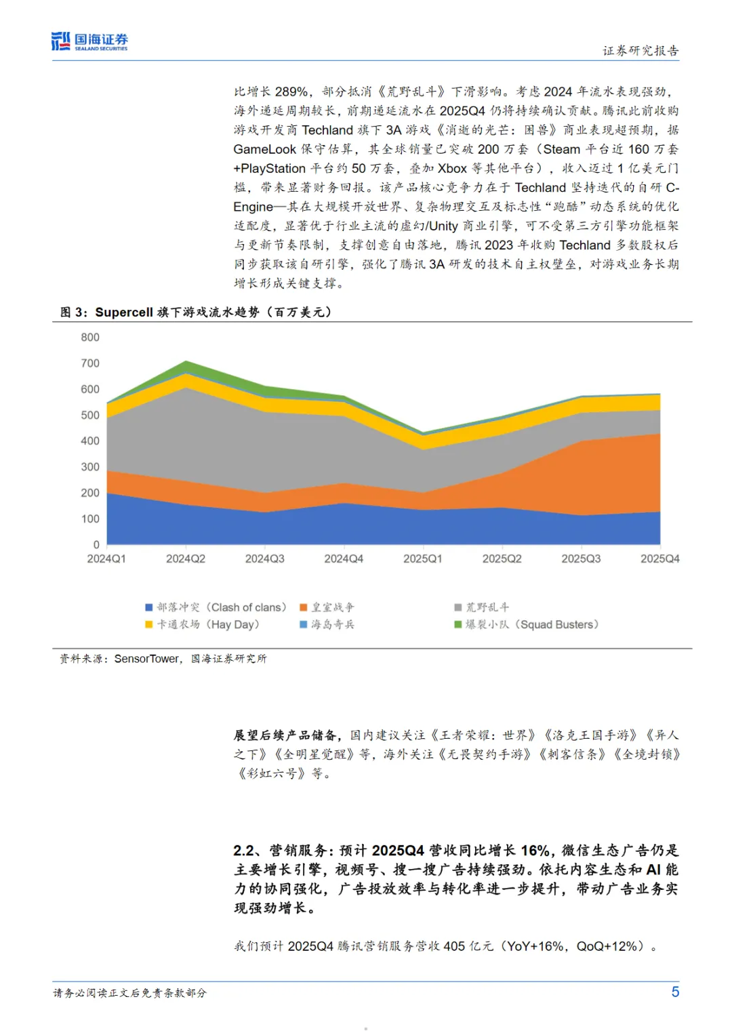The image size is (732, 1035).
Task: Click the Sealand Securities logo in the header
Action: (x=89, y=41)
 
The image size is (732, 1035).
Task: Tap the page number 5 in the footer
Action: (x=675, y=992)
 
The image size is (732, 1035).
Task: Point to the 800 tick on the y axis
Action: (x=90, y=338)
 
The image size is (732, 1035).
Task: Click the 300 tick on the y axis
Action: (x=90, y=467)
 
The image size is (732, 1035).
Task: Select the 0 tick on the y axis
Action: (x=96, y=545)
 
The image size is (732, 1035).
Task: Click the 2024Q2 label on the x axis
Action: (x=186, y=559)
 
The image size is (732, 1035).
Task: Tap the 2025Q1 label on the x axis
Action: (x=423, y=559)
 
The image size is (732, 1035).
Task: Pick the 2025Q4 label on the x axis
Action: (x=659, y=559)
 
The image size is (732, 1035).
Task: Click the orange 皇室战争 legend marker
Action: (x=304, y=607)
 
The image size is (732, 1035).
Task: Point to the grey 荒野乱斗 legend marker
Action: (x=458, y=607)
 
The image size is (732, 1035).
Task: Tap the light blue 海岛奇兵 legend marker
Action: (x=304, y=624)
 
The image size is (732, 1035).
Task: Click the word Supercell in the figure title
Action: (x=124, y=312)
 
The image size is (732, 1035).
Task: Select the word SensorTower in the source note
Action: (x=146, y=659)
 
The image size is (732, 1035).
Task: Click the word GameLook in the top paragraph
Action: (x=264, y=149)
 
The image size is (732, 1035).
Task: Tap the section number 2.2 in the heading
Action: (x=245, y=851)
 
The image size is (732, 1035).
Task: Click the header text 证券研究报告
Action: (x=640, y=51)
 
